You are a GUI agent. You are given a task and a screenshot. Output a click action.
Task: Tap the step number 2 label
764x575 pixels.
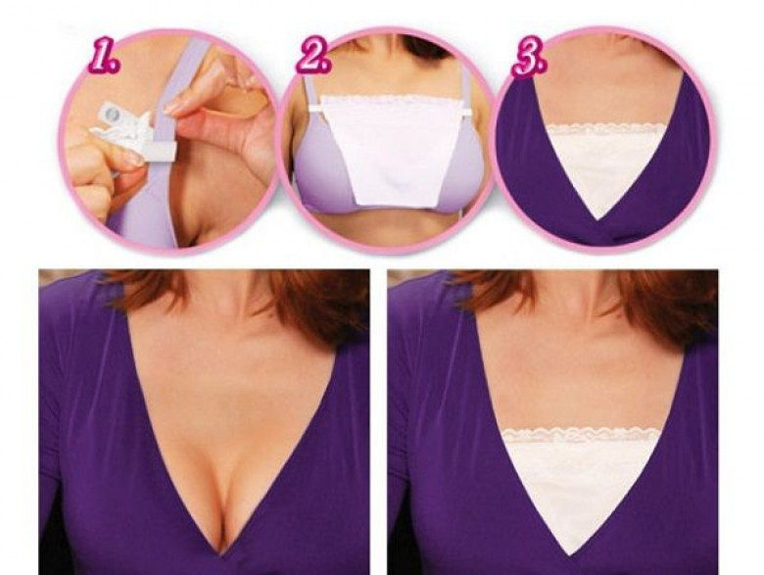(x=314, y=59)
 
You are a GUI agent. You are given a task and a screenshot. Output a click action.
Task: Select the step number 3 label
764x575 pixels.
(x=529, y=60)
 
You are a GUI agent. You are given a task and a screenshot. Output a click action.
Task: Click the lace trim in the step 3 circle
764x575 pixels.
(x=605, y=128)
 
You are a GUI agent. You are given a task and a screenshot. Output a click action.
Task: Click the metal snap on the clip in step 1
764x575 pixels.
(x=112, y=115)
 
